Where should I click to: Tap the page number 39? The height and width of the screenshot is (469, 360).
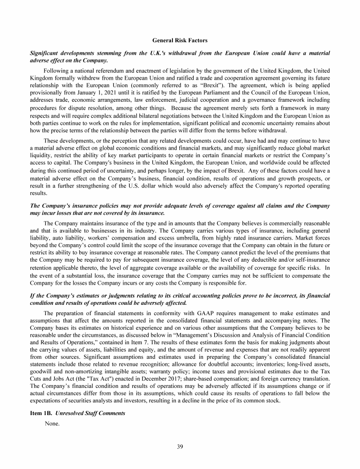click(180, 446)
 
